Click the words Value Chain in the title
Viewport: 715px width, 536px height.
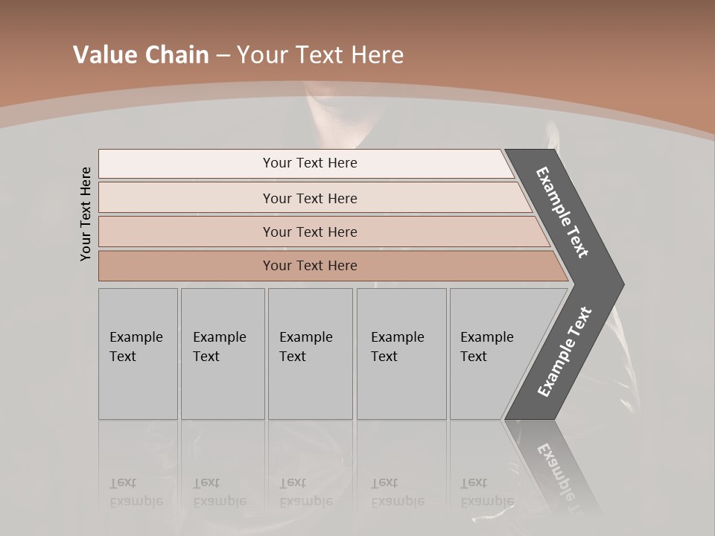[x=141, y=54]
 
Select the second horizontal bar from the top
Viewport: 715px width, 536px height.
[x=310, y=198]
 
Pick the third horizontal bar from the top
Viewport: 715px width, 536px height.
[x=310, y=232]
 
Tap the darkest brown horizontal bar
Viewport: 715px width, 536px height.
[x=310, y=266]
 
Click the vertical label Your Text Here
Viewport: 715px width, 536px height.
[x=86, y=214]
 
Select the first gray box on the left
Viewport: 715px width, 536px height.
[x=138, y=354]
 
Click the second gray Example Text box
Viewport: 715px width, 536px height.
[x=222, y=354]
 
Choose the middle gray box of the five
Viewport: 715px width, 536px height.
[x=310, y=354]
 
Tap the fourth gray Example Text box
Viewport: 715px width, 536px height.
[x=401, y=354]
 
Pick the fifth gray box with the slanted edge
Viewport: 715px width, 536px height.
[x=492, y=354]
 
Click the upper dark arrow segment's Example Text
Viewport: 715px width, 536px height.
[x=563, y=212]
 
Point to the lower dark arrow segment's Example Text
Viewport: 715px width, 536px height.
[x=565, y=351]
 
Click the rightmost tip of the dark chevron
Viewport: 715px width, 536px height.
[x=622, y=284]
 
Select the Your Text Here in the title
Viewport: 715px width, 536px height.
[x=320, y=54]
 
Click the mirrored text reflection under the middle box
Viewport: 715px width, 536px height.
[x=305, y=493]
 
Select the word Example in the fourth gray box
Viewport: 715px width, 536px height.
[x=397, y=337]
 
